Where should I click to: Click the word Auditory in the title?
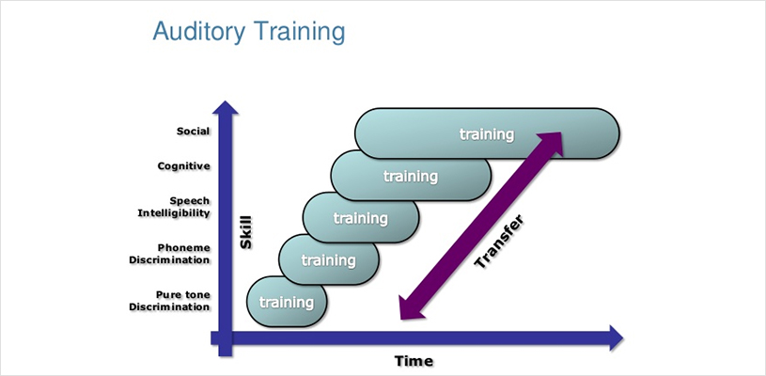click(200, 32)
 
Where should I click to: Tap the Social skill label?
click(194, 132)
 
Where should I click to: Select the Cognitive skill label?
click(183, 166)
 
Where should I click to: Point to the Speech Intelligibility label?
click(174, 207)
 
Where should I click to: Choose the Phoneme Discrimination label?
click(169, 254)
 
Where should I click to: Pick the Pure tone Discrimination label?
click(169, 301)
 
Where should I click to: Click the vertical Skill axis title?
click(246, 232)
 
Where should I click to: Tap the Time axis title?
click(414, 361)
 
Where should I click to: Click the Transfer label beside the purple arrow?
click(499, 241)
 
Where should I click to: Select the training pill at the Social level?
click(487, 133)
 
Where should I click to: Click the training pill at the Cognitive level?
click(411, 176)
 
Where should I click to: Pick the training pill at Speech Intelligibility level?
click(361, 218)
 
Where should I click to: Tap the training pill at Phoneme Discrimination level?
click(329, 259)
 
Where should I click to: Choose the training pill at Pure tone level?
click(287, 302)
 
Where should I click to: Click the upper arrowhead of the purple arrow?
click(549, 142)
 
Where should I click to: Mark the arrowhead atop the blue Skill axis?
click(225, 108)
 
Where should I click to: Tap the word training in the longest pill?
click(487, 133)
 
